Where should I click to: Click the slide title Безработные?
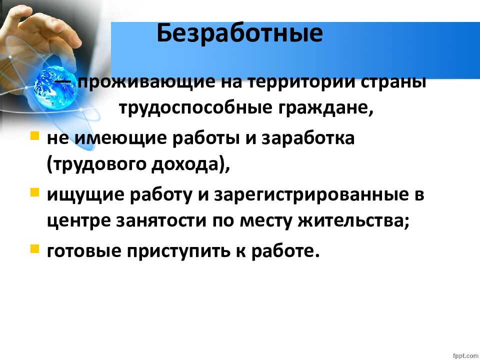click(x=239, y=33)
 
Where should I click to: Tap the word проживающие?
click(x=146, y=82)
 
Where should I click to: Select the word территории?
click(x=299, y=82)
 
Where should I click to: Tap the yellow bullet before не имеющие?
click(x=35, y=135)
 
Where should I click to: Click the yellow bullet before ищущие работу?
click(x=35, y=192)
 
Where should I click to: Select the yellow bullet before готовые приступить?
click(x=35, y=248)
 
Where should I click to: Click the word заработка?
click(x=308, y=138)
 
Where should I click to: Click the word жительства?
click(x=353, y=221)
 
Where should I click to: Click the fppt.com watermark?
click(x=465, y=355)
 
